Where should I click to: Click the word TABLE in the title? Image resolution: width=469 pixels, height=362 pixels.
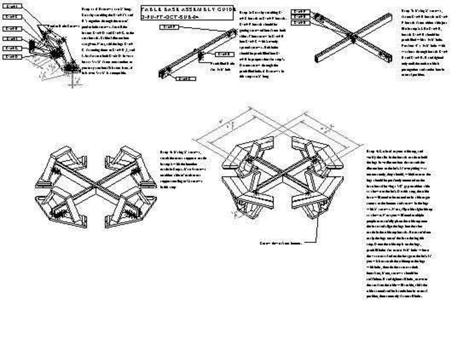(x=152, y=9)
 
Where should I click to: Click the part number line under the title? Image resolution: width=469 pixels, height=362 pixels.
(x=171, y=18)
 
